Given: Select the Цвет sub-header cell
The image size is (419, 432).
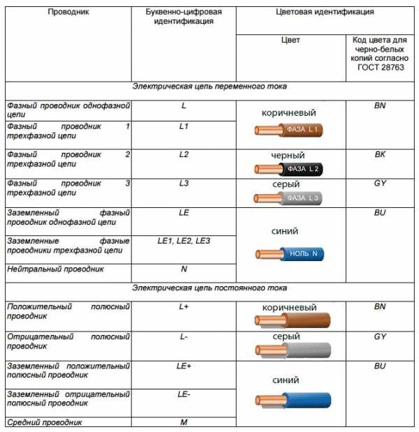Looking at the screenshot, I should (x=290, y=40).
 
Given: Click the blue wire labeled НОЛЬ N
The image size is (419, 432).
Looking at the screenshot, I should (x=289, y=255).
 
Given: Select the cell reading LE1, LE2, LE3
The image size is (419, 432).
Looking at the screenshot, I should (x=184, y=241).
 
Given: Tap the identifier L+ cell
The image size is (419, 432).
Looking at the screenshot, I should (x=184, y=307).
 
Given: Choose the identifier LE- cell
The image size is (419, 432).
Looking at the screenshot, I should (x=184, y=394).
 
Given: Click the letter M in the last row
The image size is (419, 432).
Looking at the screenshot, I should (x=184, y=422).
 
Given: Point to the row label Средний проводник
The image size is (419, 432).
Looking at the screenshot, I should (x=45, y=422).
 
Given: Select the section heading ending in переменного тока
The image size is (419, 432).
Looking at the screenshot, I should (x=209, y=87).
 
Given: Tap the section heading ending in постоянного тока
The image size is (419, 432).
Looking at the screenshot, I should (x=209, y=288).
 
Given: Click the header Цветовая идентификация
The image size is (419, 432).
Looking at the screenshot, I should (x=325, y=13).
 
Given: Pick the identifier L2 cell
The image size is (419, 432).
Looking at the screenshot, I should (x=184, y=154).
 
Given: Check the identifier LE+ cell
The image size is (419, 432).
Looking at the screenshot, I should (x=184, y=366).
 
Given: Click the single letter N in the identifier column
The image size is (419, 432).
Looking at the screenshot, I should (x=184, y=268).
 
